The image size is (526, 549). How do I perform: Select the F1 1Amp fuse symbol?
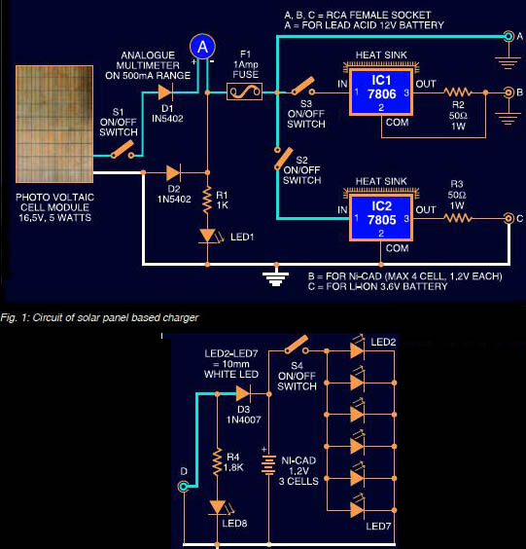pos(244,92)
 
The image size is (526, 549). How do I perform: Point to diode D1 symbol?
pos(165,92)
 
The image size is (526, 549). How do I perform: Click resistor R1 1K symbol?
pos(207,201)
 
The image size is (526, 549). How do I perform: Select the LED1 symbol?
pos(207,237)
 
